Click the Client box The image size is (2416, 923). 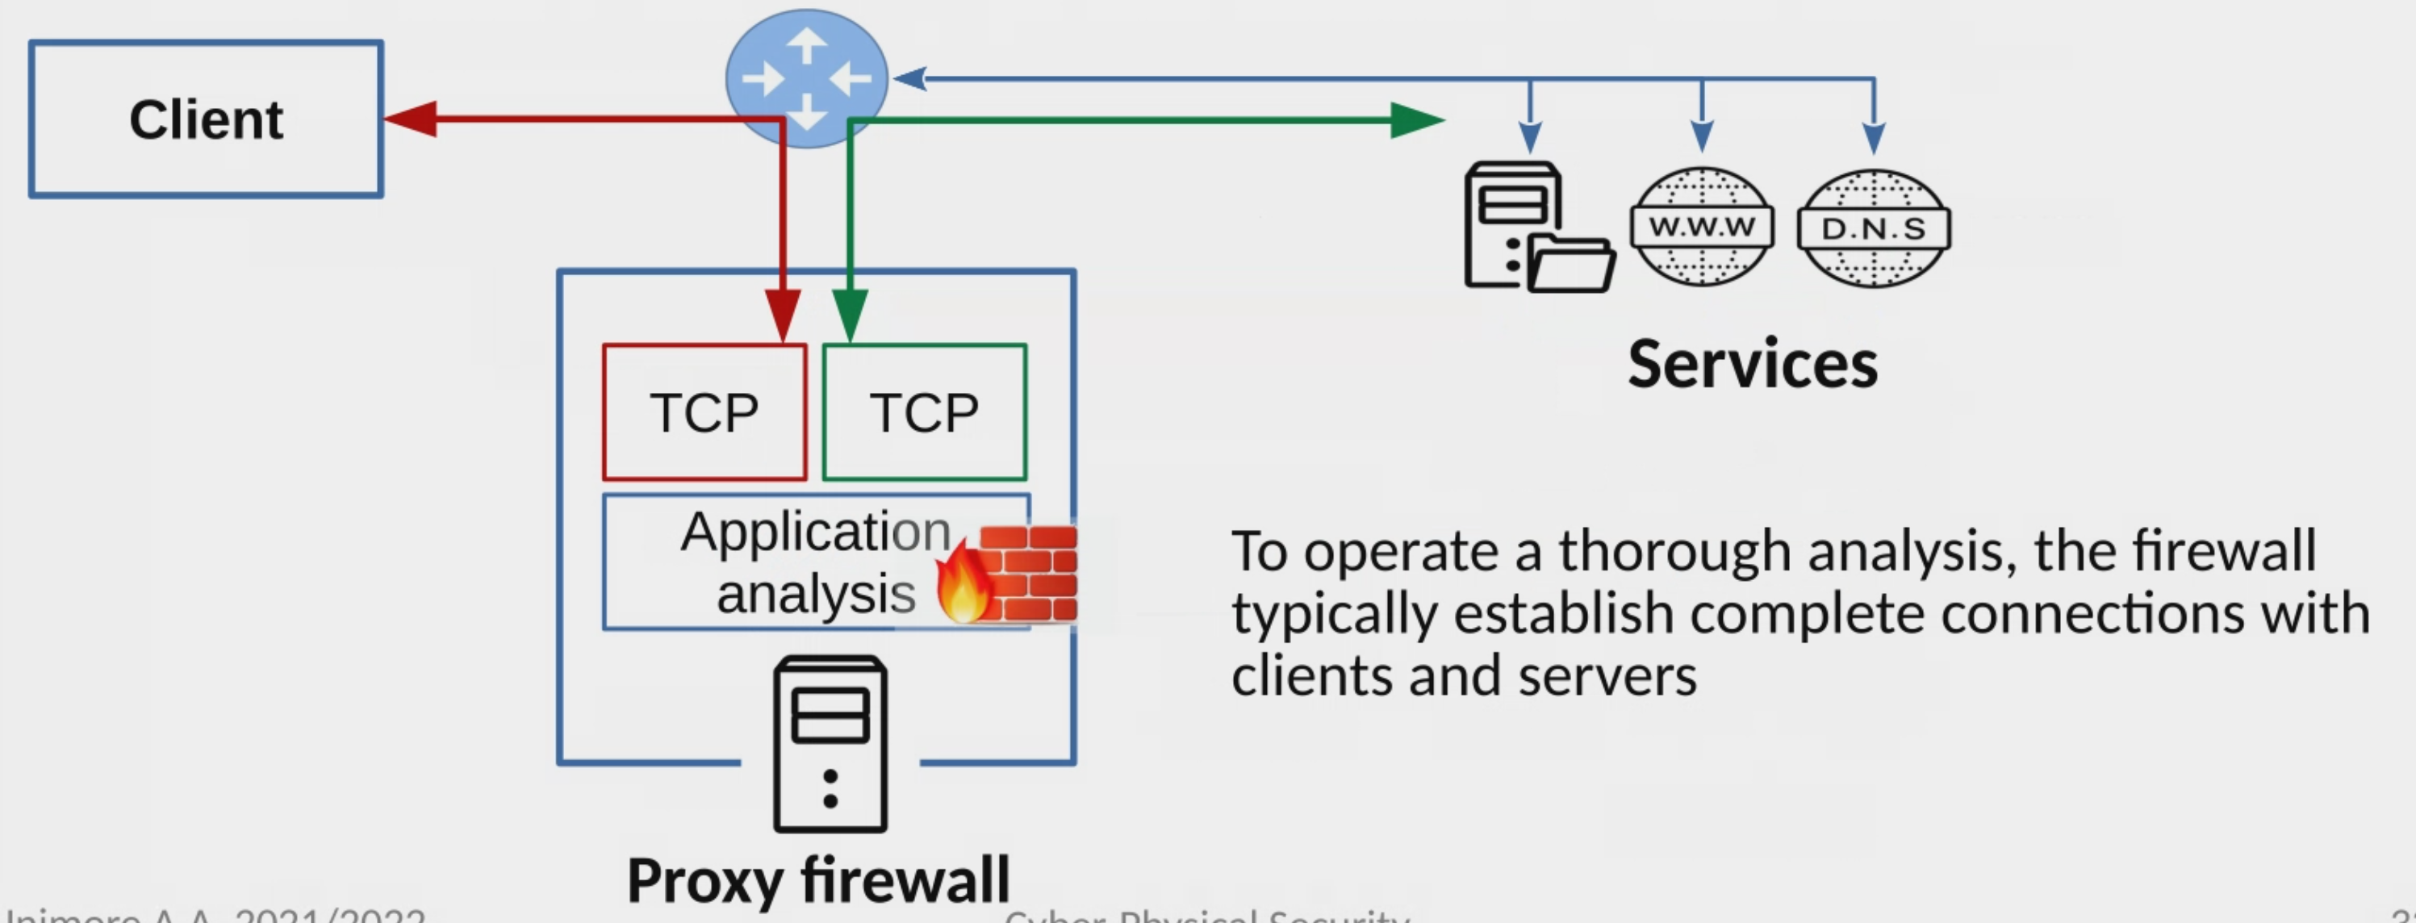pyautogui.click(x=206, y=119)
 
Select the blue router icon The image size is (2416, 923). pyautogui.click(x=807, y=77)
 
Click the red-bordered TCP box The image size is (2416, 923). pyautogui.click(x=704, y=413)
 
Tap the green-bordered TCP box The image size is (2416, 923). pyautogui.click(x=925, y=413)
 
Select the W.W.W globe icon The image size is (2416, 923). pyautogui.click(x=1701, y=227)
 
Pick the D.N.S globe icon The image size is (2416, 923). pyautogui.click(x=1873, y=228)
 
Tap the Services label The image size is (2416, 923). pyautogui.click(x=1752, y=364)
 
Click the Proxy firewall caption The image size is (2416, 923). pyautogui.click(x=817, y=881)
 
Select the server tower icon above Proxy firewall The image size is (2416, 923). pyautogui.click(x=830, y=744)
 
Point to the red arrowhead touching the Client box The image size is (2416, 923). pyautogui.click(x=411, y=119)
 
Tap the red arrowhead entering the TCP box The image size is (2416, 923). pyautogui.click(x=782, y=314)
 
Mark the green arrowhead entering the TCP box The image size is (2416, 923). pyautogui.click(x=849, y=314)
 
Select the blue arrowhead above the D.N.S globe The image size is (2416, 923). pyautogui.click(x=1874, y=139)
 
